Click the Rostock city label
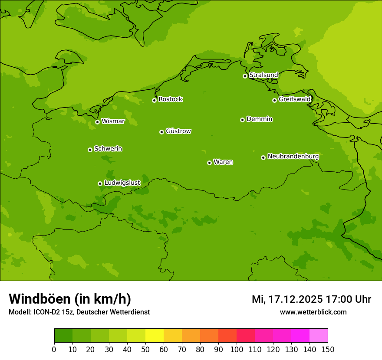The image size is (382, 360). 170,99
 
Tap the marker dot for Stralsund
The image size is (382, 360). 245,76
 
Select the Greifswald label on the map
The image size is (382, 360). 294,99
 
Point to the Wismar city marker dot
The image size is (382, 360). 97,122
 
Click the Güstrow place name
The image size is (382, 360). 178,131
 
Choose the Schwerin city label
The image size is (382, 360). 108,149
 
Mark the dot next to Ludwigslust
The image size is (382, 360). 100,183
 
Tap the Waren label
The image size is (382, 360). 223,162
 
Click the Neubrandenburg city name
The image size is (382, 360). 293,157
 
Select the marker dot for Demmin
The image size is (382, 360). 242,120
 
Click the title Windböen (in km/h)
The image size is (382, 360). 70,299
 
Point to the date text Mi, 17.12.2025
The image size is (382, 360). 287,299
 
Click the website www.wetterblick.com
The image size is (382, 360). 313,312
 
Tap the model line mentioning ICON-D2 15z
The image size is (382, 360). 79,312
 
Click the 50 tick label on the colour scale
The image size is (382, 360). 145,350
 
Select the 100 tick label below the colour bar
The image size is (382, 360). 237,350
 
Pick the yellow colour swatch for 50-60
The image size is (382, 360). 155,336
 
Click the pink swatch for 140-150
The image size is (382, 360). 319,336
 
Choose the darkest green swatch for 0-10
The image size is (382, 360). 63,336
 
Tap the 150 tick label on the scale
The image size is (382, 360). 328,350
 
